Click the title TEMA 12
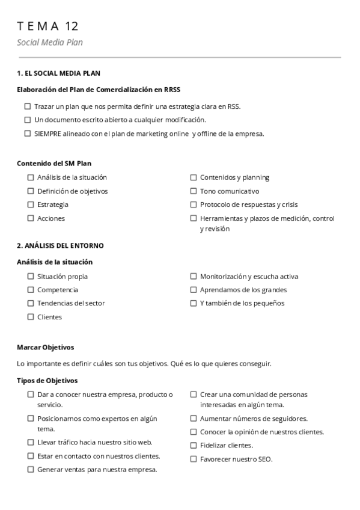[48, 26]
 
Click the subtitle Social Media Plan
[50, 42]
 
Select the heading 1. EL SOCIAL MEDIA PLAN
[58, 73]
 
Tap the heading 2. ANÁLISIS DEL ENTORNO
[60, 245]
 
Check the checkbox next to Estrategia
[31, 204]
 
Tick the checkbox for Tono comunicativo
[194, 191]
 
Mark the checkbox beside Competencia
[31, 290]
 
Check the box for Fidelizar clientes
[194, 446]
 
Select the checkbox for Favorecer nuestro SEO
[194, 459]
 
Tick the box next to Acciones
[31, 218]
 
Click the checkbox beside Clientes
[31, 317]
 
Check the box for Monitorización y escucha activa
[194, 277]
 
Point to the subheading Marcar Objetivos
[45, 348]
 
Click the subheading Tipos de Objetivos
[47, 381]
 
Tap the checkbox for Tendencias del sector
[31, 303]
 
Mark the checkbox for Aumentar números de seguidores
[194, 419]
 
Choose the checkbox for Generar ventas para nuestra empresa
[31, 470]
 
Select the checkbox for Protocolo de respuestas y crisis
[194, 204]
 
